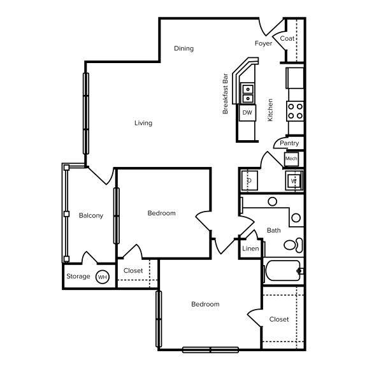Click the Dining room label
point(183,48)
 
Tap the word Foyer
point(263,44)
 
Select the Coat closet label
point(287,39)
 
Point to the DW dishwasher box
point(247,113)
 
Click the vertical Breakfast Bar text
point(226,93)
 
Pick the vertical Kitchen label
point(270,110)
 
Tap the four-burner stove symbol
point(295,112)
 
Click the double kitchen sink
point(247,94)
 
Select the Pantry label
point(289,143)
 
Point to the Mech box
point(291,159)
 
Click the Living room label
point(143,123)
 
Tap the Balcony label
point(90,215)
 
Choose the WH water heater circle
point(102,277)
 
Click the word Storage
point(78,277)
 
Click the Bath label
point(274,230)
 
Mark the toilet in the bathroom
point(292,245)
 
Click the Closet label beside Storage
point(133,271)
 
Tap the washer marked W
point(294,181)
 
